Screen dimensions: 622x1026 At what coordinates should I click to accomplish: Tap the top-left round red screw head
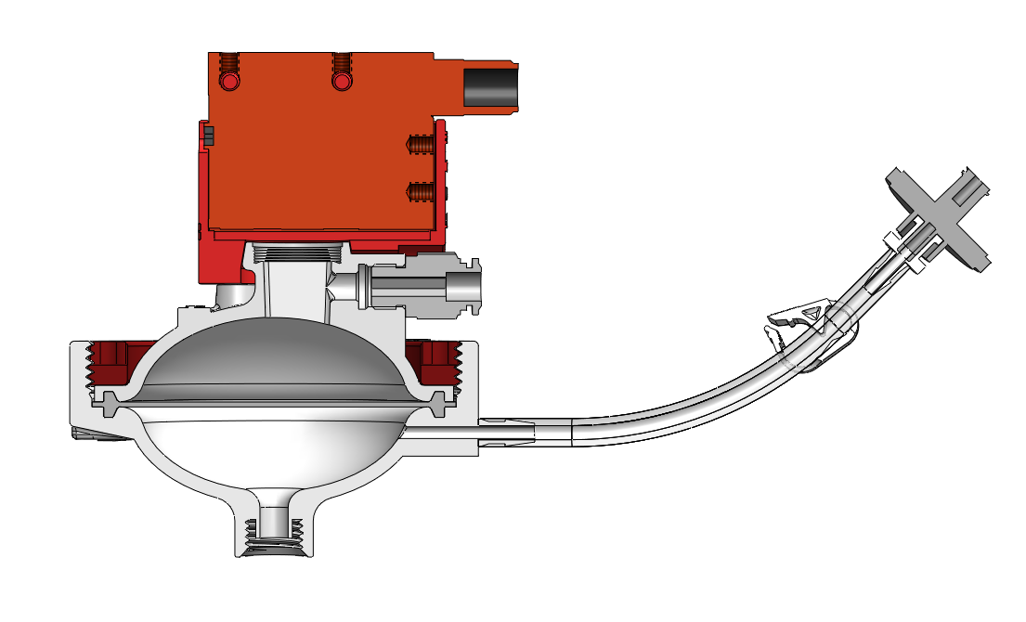point(230,82)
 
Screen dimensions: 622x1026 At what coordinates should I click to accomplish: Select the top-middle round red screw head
point(342,82)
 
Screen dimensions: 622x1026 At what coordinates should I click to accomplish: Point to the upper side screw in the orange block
point(421,145)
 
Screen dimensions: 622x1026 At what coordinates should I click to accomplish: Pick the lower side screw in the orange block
point(421,192)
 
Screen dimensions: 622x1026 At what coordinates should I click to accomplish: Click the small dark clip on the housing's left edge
point(208,136)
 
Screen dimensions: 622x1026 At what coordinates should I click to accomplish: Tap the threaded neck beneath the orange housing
point(298,253)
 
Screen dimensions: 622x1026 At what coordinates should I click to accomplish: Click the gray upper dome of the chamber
point(269,357)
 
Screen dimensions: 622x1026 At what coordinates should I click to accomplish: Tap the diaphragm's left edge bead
point(112,404)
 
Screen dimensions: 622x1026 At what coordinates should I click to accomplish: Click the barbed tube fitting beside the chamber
point(507,430)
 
